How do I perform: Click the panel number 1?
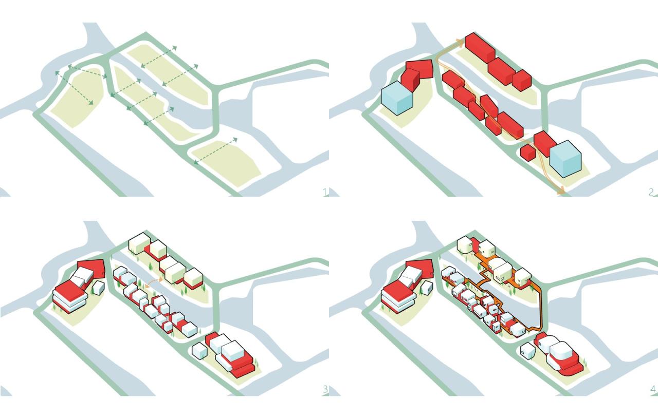pyautogui.click(x=324, y=193)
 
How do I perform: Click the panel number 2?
pyautogui.click(x=651, y=193)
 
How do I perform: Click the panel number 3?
pyautogui.click(x=324, y=389)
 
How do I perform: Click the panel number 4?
pyautogui.click(x=652, y=389)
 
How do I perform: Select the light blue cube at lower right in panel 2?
pyautogui.click(x=565, y=159)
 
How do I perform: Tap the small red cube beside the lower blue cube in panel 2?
pyautogui.click(x=527, y=153)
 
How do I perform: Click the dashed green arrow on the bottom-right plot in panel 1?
pyautogui.click(x=216, y=150)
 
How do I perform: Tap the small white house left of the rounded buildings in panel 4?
pyautogui.click(x=526, y=351)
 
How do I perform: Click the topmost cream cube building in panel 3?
pyautogui.click(x=139, y=243)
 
